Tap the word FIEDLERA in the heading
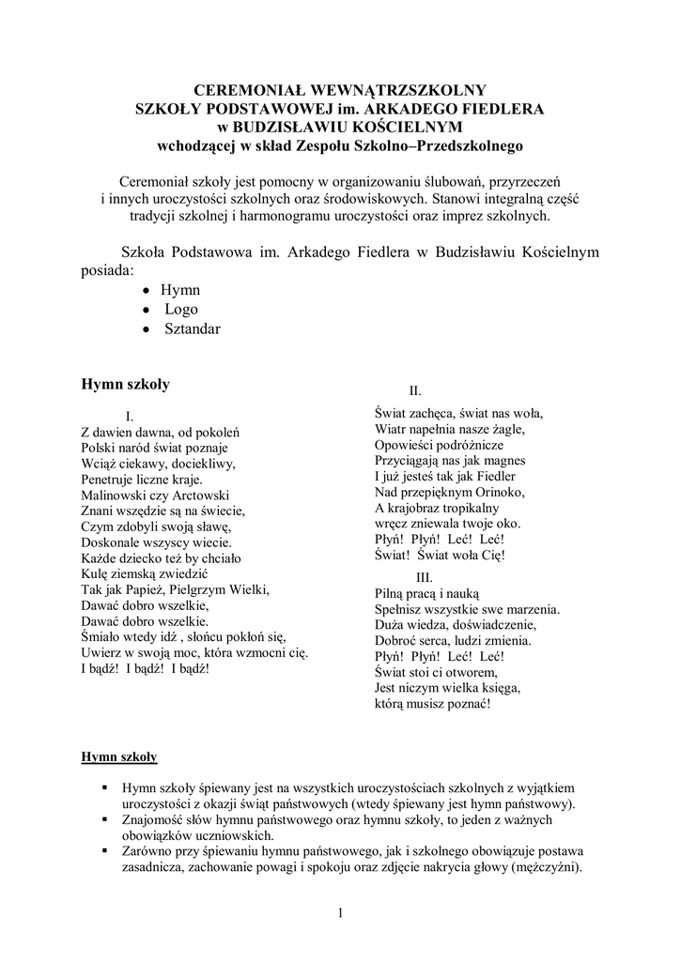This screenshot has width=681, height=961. click(x=502, y=109)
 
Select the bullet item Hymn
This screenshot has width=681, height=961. click(x=179, y=290)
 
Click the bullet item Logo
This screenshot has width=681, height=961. click(x=181, y=309)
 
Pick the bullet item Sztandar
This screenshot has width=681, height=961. click(x=192, y=328)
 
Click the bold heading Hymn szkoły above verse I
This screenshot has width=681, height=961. click(x=125, y=384)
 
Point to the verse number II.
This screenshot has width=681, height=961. click(x=414, y=390)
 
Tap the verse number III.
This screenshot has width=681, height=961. click(x=424, y=576)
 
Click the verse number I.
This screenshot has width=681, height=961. click(x=130, y=415)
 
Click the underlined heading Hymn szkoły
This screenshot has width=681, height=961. click(x=119, y=755)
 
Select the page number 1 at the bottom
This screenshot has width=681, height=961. click(x=340, y=915)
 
